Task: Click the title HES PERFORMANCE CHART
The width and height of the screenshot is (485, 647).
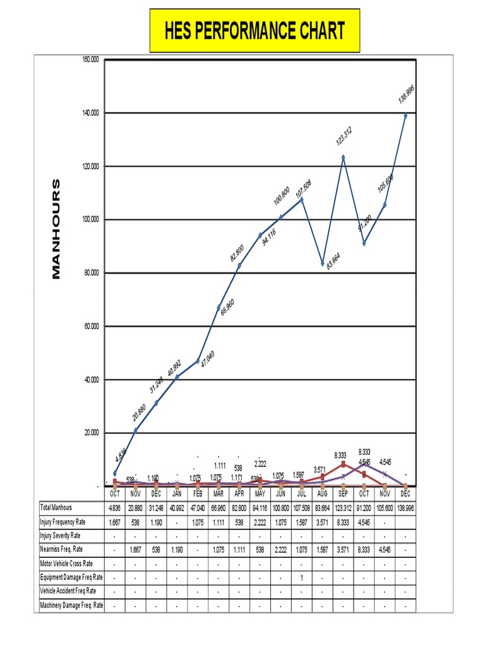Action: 254,30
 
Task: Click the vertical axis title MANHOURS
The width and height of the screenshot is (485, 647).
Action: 56,229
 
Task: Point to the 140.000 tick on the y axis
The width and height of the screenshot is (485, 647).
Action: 90,112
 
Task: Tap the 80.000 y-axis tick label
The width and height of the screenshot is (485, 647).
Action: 90,273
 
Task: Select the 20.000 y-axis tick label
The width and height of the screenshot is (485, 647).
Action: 90,433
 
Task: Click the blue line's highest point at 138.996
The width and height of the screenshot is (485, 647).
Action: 405,116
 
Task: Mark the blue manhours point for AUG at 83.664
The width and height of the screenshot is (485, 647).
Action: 323,263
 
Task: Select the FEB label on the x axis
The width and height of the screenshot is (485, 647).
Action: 198,494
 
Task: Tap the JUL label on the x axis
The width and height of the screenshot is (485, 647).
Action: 302,494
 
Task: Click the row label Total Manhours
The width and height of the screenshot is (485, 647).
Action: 56,507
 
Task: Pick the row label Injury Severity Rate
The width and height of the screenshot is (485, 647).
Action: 62,536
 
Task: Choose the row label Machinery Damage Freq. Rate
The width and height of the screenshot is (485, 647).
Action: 71,606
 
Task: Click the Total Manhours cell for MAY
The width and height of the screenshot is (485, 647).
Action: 260,507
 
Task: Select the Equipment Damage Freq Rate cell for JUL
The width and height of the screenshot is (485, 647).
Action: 302,577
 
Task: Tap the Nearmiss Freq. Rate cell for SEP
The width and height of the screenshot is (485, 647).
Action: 344,550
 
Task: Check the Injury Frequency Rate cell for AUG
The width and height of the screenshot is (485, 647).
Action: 323,522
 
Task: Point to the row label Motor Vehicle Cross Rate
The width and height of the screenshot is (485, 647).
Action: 66,564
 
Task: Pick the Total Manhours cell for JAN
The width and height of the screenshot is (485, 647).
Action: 177,507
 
